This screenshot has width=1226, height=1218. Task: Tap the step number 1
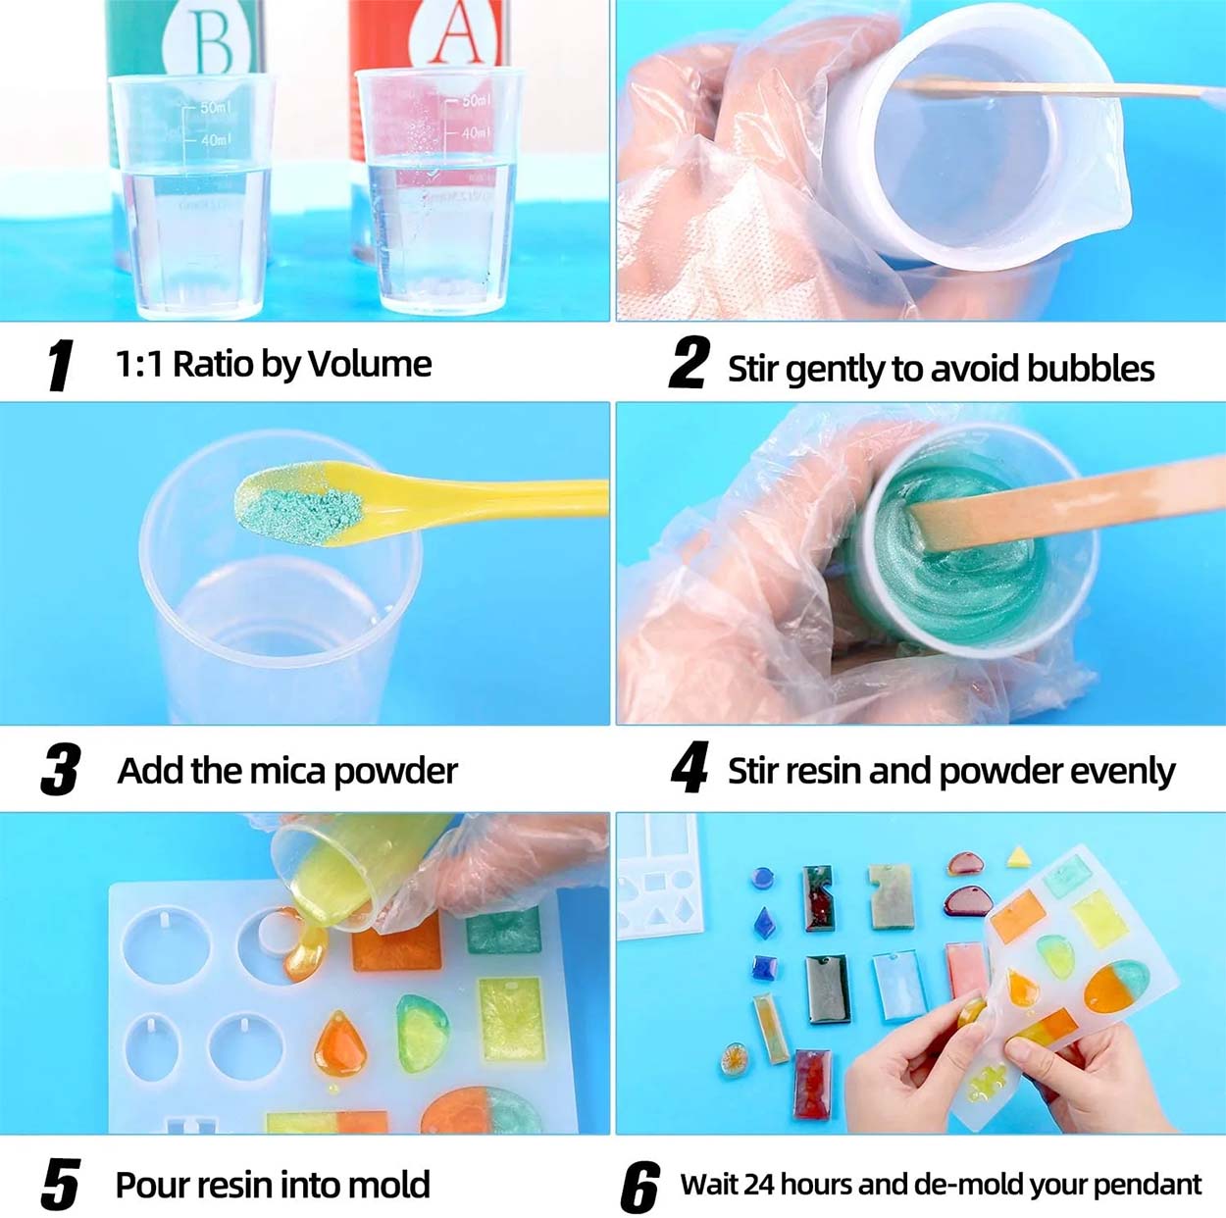pos(60,366)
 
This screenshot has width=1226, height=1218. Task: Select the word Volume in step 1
pos(370,364)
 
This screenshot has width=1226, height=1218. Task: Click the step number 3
pos(61,770)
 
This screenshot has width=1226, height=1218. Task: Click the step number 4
pos(690,769)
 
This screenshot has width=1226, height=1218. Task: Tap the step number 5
pos(60,1185)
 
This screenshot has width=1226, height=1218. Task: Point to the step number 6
pos(639,1188)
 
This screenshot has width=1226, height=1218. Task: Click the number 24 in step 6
pos(759,1185)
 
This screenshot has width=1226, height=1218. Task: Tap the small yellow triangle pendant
pos(1018,857)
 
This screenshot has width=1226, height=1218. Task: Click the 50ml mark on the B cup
pos(216,107)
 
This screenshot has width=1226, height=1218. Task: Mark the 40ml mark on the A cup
pos(477,132)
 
